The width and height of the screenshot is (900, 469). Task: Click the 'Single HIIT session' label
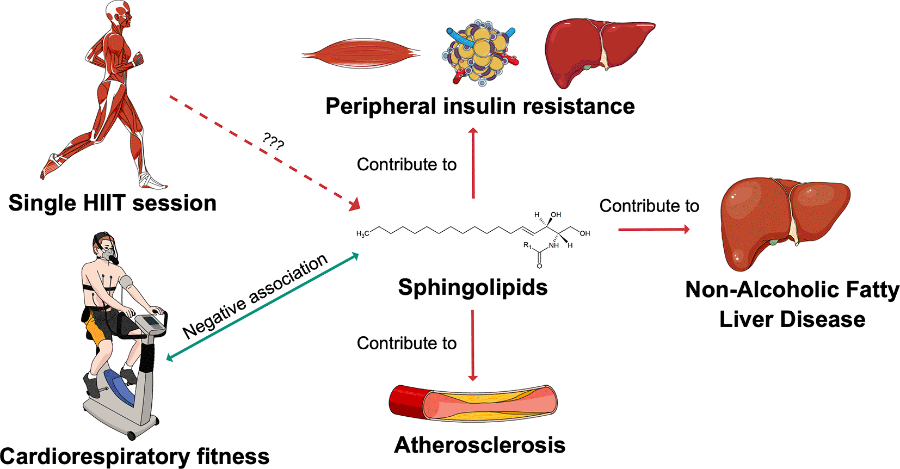click(113, 203)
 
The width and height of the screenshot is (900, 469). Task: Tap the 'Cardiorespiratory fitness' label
click(134, 456)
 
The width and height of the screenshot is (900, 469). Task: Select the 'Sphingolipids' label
click(473, 287)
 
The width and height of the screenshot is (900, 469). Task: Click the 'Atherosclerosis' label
click(479, 445)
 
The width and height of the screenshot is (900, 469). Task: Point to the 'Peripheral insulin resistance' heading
click(480, 106)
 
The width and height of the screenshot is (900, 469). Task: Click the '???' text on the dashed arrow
click(273, 141)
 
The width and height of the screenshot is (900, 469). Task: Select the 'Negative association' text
click(255, 296)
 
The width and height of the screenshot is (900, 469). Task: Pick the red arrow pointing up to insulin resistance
click(473, 163)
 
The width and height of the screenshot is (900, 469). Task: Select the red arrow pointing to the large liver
click(653, 230)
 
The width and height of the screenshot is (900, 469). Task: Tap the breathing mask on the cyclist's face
click(109, 253)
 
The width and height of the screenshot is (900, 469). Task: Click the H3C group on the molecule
click(362, 233)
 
